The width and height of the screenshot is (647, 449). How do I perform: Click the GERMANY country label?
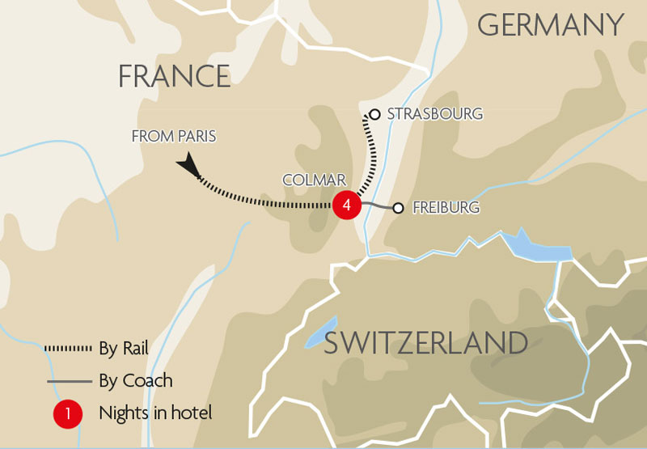pyautogui.click(x=551, y=25)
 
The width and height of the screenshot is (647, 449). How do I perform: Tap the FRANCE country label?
pyautogui.click(x=174, y=77)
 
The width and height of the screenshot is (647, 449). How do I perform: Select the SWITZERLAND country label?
pyautogui.click(x=426, y=343)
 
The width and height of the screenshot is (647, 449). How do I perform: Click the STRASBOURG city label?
pyautogui.click(x=434, y=114)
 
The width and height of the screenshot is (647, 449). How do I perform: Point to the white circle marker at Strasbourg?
pyautogui.click(x=374, y=114)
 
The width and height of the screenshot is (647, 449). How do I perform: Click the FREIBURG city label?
pyautogui.click(x=446, y=208)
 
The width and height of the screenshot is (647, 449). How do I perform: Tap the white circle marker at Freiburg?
pyautogui.click(x=398, y=208)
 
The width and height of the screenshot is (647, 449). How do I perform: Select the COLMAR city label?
pyautogui.click(x=314, y=180)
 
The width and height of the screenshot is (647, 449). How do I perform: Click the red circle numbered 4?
pyautogui.click(x=346, y=205)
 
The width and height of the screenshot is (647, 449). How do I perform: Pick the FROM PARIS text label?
pyautogui.click(x=174, y=136)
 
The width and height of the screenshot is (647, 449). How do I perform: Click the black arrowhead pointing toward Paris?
pyautogui.click(x=188, y=166)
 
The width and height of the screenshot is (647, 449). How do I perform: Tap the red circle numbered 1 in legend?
pyautogui.click(x=68, y=413)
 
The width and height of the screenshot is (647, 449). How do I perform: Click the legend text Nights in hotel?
pyautogui.click(x=155, y=413)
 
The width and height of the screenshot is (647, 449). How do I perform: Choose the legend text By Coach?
pyautogui.click(x=135, y=380)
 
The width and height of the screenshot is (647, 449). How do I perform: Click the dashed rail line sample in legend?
pyautogui.click(x=68, y=349)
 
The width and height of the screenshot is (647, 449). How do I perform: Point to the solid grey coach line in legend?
pyautogui.click(x=68, y=381)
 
